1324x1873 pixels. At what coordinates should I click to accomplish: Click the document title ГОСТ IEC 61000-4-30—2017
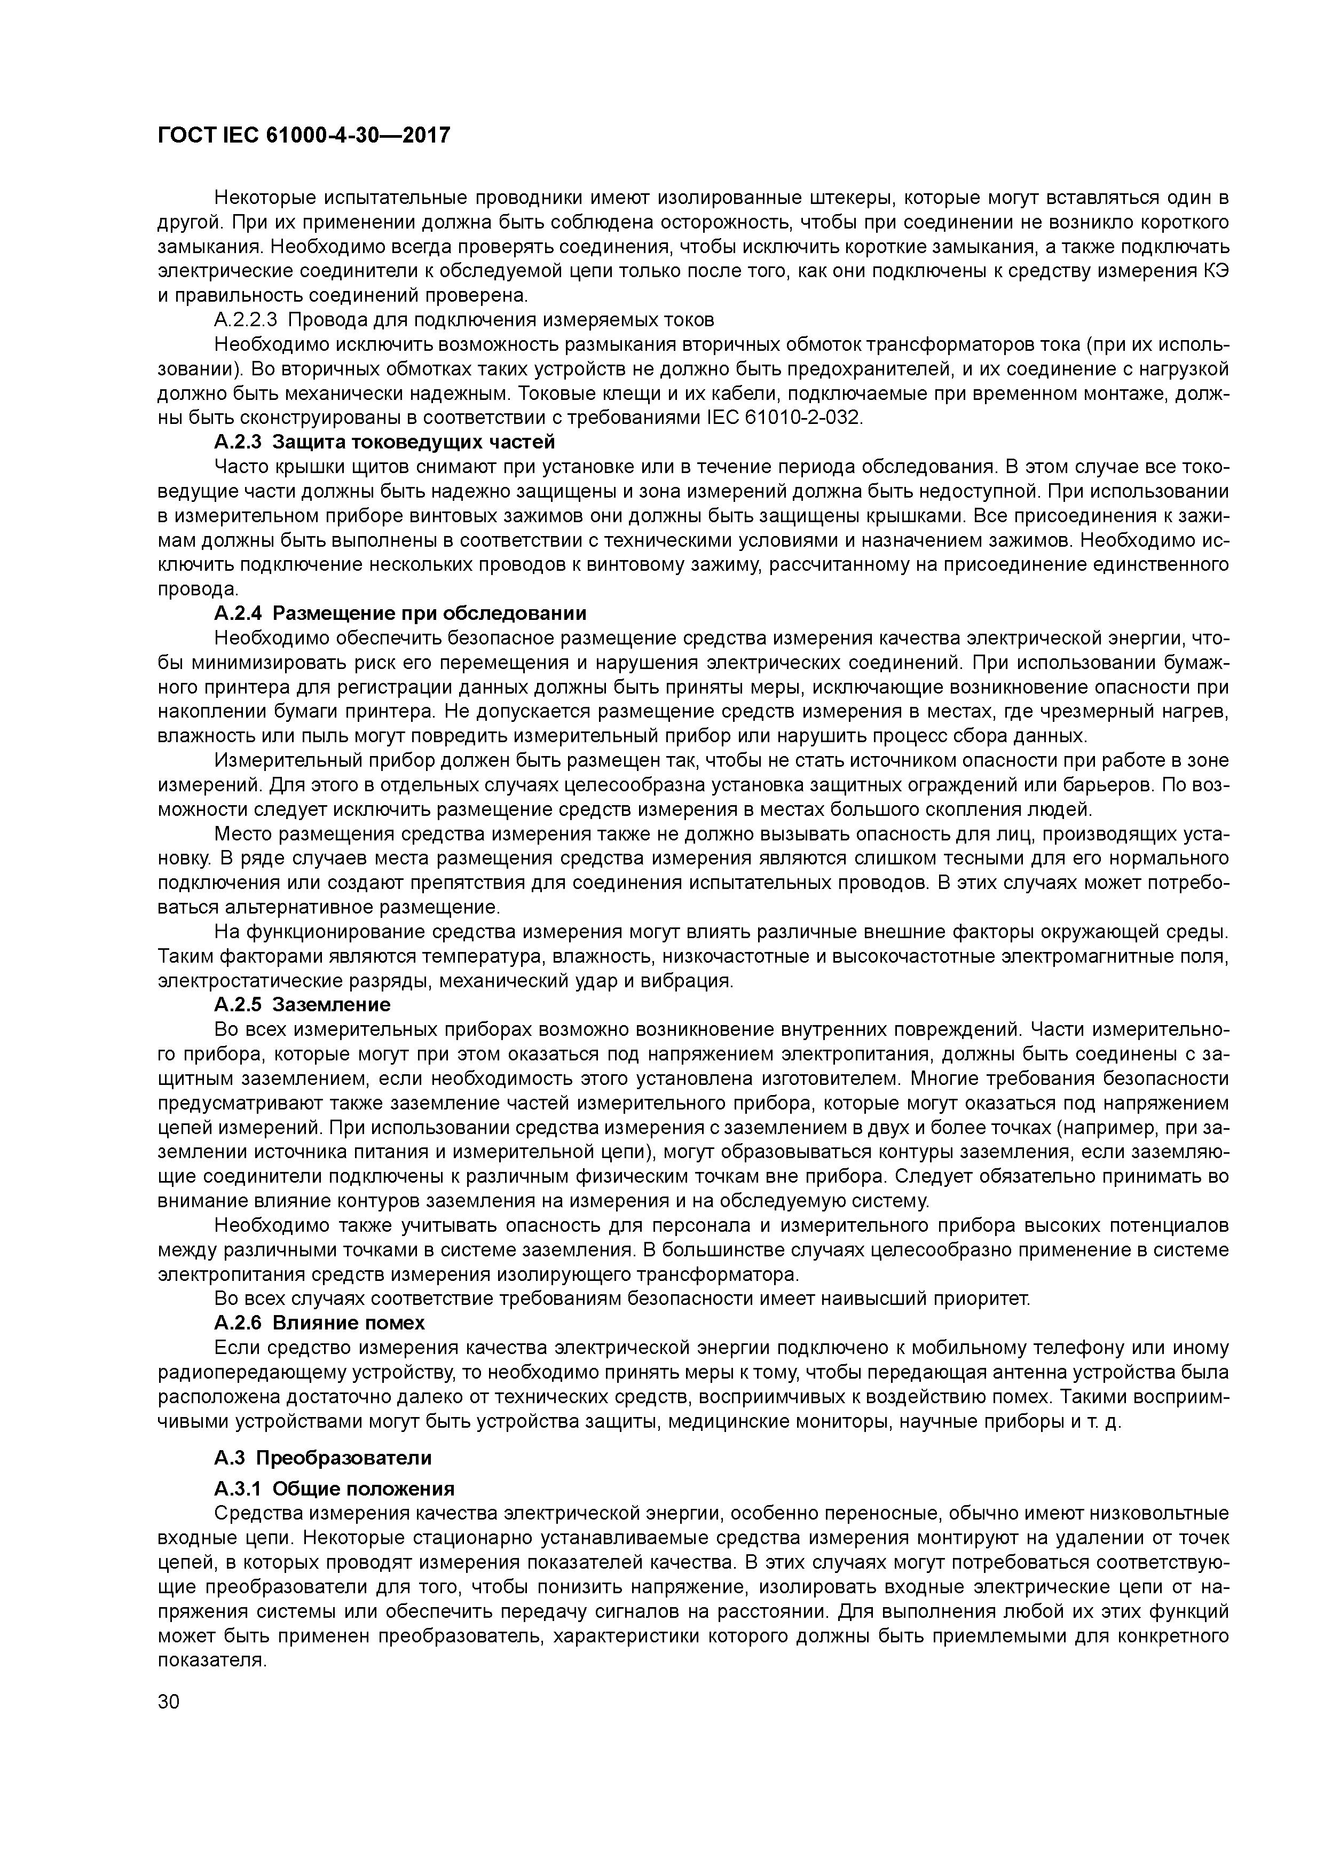(303, 136)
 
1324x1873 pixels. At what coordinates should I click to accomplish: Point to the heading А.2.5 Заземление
(302, 1004)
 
